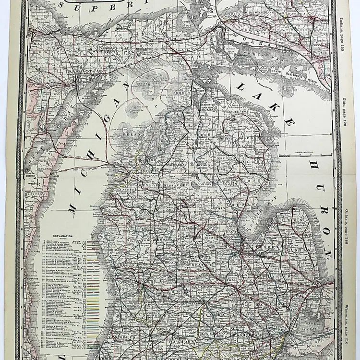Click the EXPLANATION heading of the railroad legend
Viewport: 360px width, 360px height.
point(57,237)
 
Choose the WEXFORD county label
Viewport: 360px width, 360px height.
point(144,183)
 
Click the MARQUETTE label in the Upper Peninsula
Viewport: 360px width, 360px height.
point(48,42)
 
